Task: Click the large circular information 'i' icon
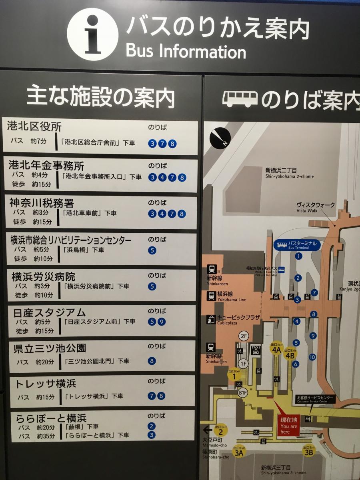click(92, 34)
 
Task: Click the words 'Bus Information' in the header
click(186, 51)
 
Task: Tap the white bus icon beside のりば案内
click(240, 99)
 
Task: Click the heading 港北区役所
click(34, 127)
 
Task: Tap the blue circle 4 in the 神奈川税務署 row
click(162, 214)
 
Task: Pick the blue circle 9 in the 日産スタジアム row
click(162, 322)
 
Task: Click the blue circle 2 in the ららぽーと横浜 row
click(152, 426)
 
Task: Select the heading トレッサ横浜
click(46, 384)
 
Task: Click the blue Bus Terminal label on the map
click(298, 245)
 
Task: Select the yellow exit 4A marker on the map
click(276, 349)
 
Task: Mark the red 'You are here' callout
click(289, 425)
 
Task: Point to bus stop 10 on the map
click(312, 357)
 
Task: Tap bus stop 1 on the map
click(298, 256)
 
